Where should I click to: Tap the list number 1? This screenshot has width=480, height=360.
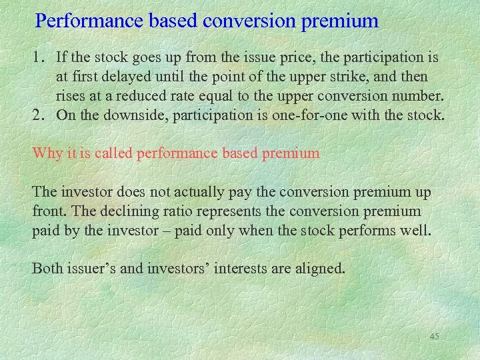(39, 58)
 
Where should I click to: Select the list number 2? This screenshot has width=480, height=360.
(39, 115)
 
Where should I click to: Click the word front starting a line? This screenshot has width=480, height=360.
(47, 211)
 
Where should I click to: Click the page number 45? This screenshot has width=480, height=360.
(434, 337)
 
